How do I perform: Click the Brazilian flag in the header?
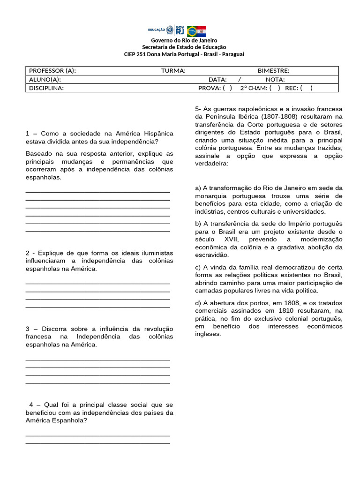pyautogui.click(x=192, y=31)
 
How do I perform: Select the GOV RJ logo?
pyautogui.click(x=180, y=31)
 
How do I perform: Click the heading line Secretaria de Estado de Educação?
pyautogui.click(x=184, y=47)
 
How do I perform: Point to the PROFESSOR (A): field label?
pyautogui.click(x=52, y=71)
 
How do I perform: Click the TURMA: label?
pyautogui.click(x=173, y=71)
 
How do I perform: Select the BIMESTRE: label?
pyautogui.click(x=273, y=71)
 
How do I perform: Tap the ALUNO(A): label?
pyautogui.click(x=45, y=79)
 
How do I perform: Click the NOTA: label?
pyautogui.click(x=275, y=79)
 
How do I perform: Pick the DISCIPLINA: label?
pyautogui.click(x=46, y=88)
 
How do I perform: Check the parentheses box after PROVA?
pyautogui.click(x=227, y=88)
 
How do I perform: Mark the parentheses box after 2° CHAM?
pyautogui.click(x=275, y=88)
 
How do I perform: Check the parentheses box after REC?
pyautogui.click(x=307, y=88)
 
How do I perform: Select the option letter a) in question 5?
pyautogui.click(x=198, y=188)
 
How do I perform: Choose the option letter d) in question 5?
pyautogui.click(x=198, y=302)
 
